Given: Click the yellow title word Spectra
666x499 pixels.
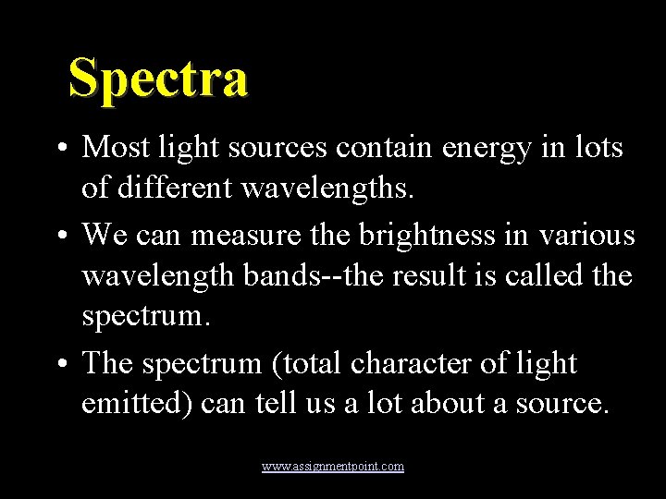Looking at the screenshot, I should pos(158,78).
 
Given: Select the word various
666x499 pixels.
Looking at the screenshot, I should pos(589,235).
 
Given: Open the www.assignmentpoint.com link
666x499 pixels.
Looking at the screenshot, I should pos(333,467).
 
